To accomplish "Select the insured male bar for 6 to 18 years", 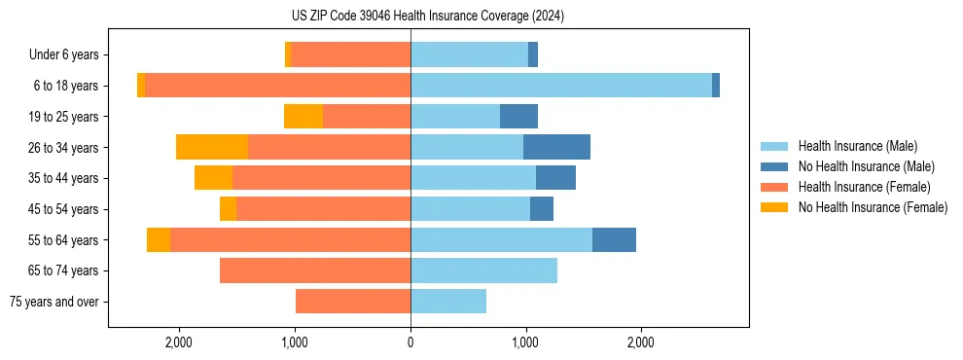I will pyautogui.click(x=560, y=86).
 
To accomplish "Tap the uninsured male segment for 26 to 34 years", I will pyautogui.click(x=556, y=147).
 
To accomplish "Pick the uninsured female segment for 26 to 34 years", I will pyautogui.click(x=212, y=147).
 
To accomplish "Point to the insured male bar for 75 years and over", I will pyautogui.click(x=448, y=302).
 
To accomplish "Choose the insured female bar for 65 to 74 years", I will pyautogui.click(x=315, y=270).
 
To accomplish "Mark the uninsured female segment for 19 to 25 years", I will pyautogui.click(x=303, y=117).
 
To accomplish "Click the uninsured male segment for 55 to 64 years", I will pyautogui.click(x=614, y=239).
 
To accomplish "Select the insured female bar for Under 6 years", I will pyautogui.click(x=350, y=54).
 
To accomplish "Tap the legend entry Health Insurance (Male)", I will pyautogui.click(x=857, y=146).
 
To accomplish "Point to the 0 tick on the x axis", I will pyautogui.click(x=410, y=342).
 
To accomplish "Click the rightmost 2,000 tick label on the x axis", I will pyautogui.click(x=640, y=342).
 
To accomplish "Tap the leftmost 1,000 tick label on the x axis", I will pyautogui.click(x=295, y=342).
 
